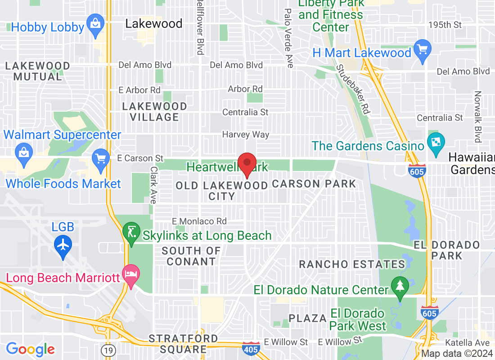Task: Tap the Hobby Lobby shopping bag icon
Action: (95, 22)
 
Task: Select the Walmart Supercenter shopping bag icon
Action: (23, 152)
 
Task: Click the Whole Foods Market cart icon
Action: (101, 158)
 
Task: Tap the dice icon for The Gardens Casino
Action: (436, 142)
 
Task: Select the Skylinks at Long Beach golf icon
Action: (131, 232)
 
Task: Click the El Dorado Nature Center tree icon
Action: (399, 285)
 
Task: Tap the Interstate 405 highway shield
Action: (250, 348)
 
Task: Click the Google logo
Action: (31, 349)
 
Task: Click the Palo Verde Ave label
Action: (288, 38)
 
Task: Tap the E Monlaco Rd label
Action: (199, 221)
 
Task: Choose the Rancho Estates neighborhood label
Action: (352, 264)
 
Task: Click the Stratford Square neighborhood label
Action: (183, 343)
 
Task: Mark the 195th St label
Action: (445, 24)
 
